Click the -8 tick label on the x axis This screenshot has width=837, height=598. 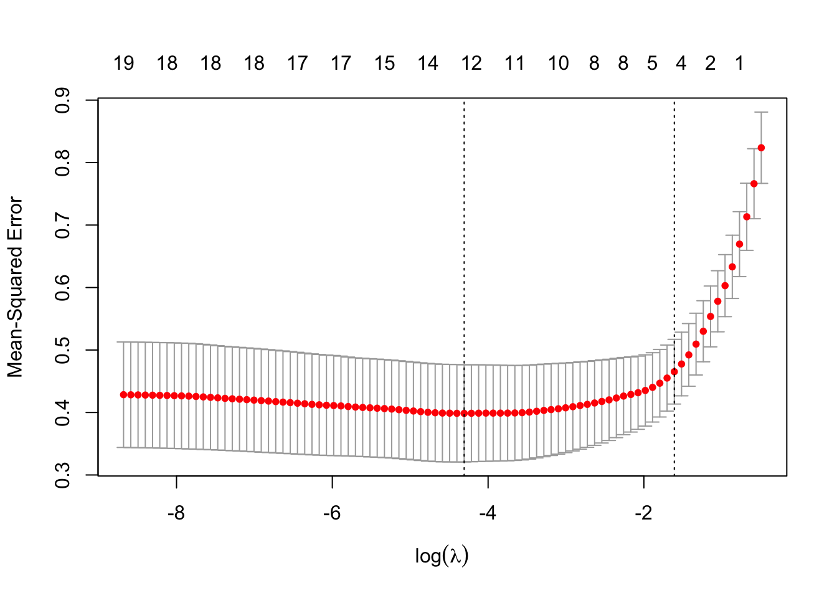(176, 514)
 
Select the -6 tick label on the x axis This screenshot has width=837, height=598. (332, 514)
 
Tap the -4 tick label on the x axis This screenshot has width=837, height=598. (488, 514)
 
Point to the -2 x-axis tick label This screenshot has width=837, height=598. (643, 514)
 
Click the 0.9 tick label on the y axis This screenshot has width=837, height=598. (62, 100)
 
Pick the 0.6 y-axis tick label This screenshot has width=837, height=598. (62, 287)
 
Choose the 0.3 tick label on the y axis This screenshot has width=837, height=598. (62, 475)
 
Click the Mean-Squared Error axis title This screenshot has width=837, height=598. (15, 287)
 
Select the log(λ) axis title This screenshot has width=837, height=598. (442, 556)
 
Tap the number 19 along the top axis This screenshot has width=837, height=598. (124, 64)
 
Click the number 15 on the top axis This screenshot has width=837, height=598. (385, 64)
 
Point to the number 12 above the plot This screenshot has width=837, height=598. (471, 64)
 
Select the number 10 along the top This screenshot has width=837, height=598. (559, 64)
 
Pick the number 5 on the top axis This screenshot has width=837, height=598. (652, 64)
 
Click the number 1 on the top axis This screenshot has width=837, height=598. (739, 64)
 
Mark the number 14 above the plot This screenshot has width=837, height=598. (428, 64)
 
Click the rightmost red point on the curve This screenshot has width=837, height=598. (761, 148)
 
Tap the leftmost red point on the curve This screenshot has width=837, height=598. (123, 394)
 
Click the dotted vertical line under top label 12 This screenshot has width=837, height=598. (464, 249)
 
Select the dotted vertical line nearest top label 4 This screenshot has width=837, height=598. (674, 249)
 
